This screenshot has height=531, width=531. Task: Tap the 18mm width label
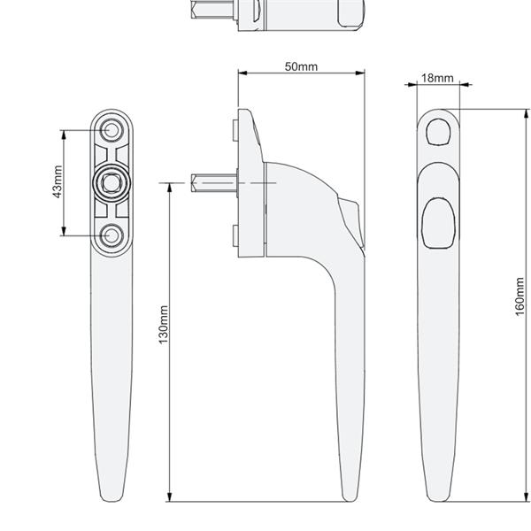tap(437, 78)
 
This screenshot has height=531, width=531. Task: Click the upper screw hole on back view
tap(112, 130)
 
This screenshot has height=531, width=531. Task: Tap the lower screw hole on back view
tap(112, 235)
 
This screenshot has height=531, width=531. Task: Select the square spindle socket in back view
tap(112, 181)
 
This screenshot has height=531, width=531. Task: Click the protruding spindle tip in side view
tap(196, 184)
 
